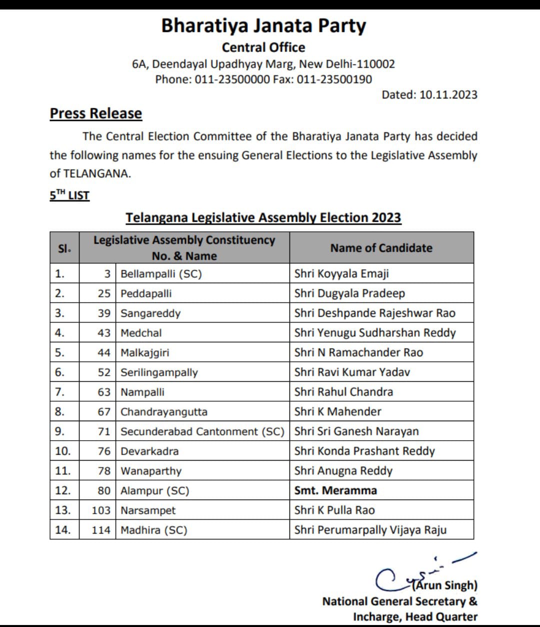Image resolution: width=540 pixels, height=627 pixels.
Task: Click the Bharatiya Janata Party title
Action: pos(263,25)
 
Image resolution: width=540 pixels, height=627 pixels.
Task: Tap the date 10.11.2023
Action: pos(448,95)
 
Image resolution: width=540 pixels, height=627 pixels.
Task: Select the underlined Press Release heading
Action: pos(95,113)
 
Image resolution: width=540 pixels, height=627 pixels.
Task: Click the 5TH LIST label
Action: pos(69,195)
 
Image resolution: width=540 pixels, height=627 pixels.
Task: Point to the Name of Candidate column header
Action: pos(381,248)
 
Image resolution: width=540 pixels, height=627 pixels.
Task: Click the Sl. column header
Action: pos(64,248)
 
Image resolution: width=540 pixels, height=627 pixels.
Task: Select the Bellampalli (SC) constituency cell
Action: pos(161,274)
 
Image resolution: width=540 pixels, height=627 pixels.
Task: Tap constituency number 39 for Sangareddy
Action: pos(104,313)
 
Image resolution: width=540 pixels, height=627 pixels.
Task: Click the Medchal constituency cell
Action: pos(141,333)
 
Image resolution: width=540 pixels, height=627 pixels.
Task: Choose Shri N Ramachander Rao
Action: pos(358,353)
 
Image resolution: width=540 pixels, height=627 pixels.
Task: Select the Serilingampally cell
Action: pos(159,372)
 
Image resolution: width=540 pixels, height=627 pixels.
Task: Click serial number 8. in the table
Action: pos(59,412)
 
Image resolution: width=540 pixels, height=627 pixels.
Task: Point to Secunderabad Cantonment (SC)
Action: pos(202,431)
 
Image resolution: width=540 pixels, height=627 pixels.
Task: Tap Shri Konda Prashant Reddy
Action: pos(364,451)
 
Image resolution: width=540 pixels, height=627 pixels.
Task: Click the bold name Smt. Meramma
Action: pos(335,491)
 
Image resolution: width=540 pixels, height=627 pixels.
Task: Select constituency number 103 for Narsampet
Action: pos(101,510)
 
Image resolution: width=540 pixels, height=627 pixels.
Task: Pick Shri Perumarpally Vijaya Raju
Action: pos(370,530)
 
